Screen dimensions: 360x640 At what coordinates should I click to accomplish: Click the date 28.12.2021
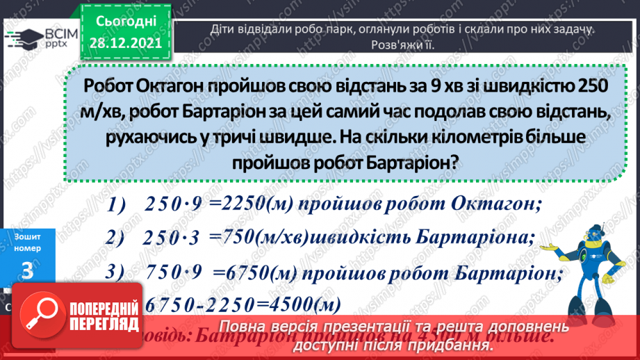[125, 42]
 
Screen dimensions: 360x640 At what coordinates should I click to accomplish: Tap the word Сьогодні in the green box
[125, 22]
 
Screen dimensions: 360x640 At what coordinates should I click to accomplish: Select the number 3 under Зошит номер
[27, 272]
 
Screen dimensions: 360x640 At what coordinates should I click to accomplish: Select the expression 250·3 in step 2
[171, 238]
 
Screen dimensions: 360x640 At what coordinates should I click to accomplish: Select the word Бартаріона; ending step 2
[477, 238]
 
